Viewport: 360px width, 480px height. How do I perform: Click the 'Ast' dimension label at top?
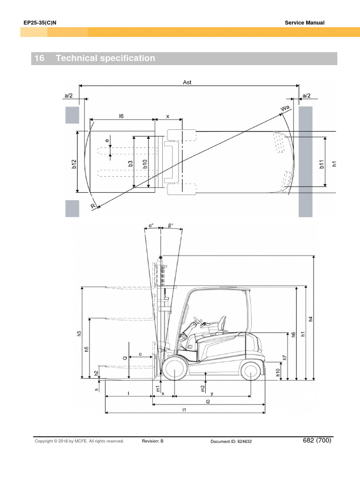coord(187,82)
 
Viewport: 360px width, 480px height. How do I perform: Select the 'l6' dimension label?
coord(121,116)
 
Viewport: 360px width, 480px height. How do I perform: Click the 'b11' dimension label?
coord(322,165)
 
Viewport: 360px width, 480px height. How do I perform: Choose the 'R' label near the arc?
coord(93,206)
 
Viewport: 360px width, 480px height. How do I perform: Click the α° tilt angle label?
coord(151,225)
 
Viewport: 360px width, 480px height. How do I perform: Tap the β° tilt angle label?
coord(171,225)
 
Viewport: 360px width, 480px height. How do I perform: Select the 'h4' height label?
coord(311,319)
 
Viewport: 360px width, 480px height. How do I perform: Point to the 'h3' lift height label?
coord(79,333)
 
